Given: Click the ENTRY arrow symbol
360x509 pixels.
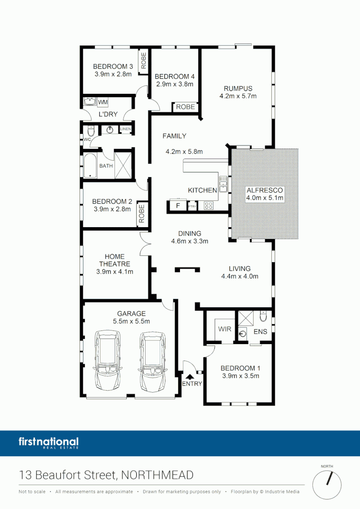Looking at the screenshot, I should (190, 376).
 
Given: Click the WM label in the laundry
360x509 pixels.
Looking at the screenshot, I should (103, 102).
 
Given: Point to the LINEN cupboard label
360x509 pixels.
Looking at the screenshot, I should (125, 129).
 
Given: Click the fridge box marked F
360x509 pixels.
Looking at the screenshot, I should (178, 205).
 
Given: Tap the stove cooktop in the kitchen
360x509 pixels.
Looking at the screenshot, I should (208, 205).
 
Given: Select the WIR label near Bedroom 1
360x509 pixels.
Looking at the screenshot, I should (225, 329).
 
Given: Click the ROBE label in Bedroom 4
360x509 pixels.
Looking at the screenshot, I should (185, 107).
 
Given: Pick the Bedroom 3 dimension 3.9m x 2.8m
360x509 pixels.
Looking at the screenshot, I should (113, 74).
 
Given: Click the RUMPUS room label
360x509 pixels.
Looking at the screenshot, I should (238, 88).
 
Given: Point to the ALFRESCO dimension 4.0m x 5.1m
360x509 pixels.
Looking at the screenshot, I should (264, 198).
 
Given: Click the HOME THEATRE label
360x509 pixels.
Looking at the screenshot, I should (115, 260).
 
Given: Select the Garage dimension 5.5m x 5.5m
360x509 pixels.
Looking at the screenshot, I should (131, 321).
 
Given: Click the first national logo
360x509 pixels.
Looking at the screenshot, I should (49, 443).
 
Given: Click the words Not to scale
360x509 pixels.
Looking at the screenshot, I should (32, 492).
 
